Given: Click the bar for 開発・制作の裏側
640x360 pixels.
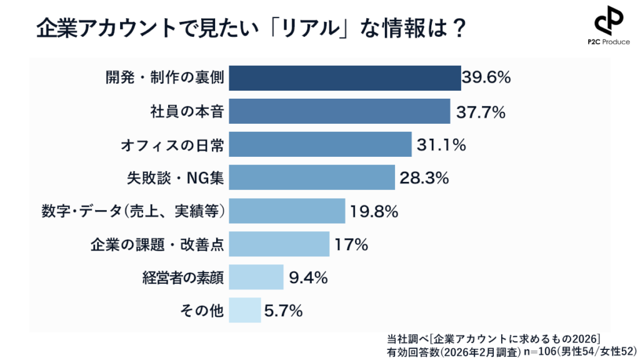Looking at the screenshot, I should (345, 77).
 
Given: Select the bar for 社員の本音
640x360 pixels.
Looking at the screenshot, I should (339, 111).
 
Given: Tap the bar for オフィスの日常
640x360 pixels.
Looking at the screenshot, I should (320, 144).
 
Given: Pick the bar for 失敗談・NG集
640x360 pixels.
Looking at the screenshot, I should (312, 177).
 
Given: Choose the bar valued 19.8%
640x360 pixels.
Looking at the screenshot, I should (287, 211).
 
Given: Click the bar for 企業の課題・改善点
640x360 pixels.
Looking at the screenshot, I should (279, 244).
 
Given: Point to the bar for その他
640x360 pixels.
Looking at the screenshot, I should (245, 310).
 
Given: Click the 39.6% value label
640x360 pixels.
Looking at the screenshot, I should (487, 77).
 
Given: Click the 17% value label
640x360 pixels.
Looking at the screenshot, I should (351, 244).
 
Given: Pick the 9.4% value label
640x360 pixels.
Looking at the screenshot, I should (308, 277).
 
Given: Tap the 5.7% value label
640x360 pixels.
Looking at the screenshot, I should (283, 311).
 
